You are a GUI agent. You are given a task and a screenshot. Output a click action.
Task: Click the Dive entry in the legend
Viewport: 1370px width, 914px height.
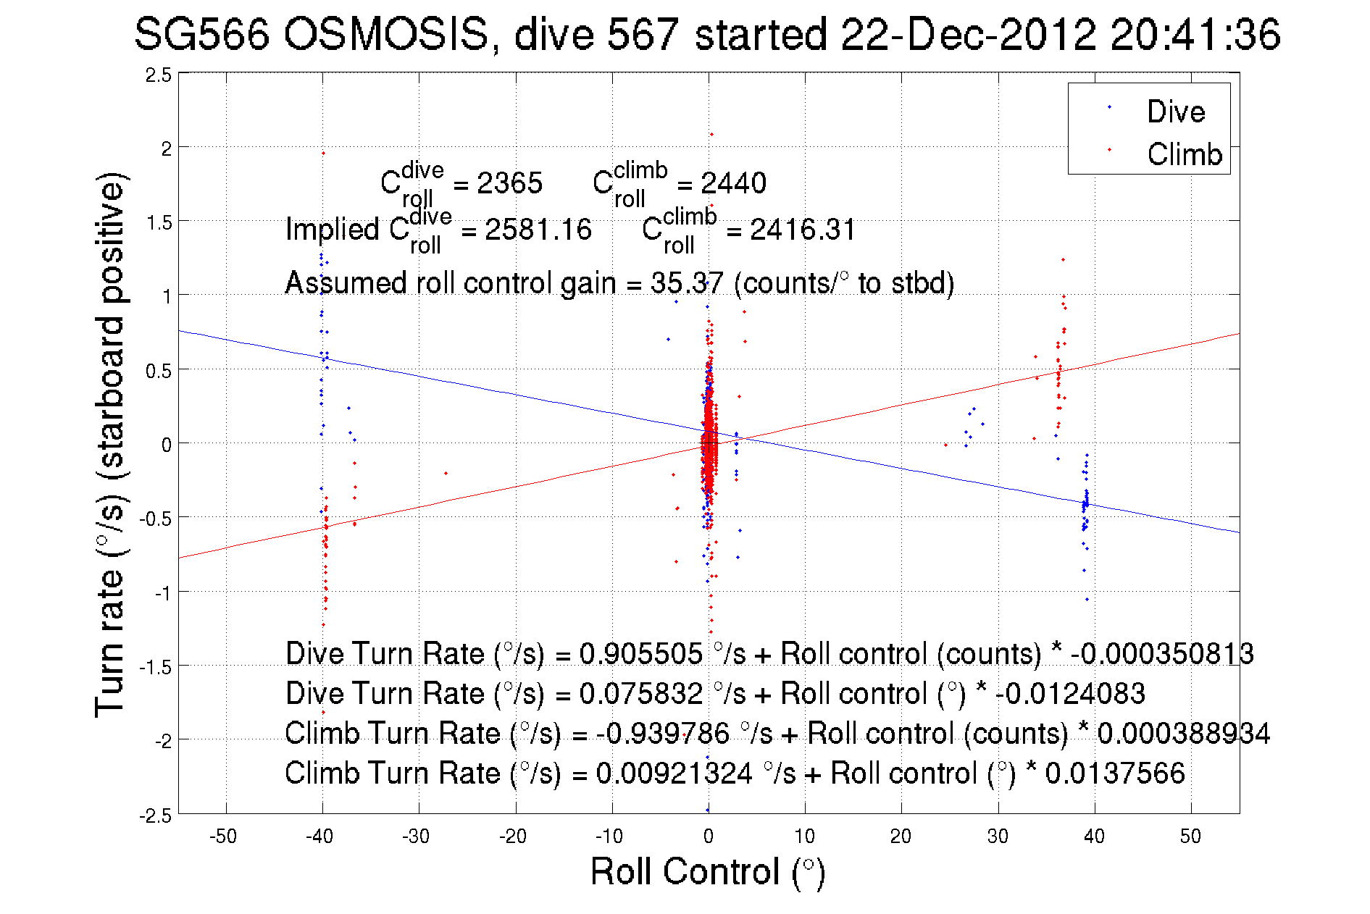(x=1175, y=112)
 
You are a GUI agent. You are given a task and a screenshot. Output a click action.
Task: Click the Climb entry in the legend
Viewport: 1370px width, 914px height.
(x=1184, y=154)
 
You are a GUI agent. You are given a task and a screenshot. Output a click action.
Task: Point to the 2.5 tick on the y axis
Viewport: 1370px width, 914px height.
(x=159, y=75)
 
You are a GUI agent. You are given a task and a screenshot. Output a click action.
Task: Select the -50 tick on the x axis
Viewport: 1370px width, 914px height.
(x=223, y=837)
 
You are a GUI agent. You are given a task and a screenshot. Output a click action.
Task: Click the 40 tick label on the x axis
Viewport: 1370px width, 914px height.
(x=1094, y=837)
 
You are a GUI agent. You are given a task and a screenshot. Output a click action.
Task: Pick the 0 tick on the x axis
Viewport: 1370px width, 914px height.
(x=708, y=837)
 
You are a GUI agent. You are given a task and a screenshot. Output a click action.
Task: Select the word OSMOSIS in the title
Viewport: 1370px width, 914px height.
(x=386, y=34)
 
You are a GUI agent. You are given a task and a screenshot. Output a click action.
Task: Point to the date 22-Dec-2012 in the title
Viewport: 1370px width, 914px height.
(x=968, y=34)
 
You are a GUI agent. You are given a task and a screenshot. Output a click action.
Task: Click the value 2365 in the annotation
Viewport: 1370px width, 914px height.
(x=509, y=183)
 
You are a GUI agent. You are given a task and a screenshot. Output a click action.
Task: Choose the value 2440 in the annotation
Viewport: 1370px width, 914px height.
(x=733, y=183)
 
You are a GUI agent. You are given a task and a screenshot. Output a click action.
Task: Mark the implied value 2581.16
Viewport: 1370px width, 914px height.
(x=538, y=230)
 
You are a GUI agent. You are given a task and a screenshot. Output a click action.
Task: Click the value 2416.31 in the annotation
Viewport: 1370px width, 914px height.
(x=803, y=230)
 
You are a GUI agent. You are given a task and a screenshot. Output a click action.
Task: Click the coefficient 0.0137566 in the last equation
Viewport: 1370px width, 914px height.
(x=1115, y=773)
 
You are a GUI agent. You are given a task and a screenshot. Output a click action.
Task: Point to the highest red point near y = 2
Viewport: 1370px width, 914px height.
(x=711, y=134)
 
